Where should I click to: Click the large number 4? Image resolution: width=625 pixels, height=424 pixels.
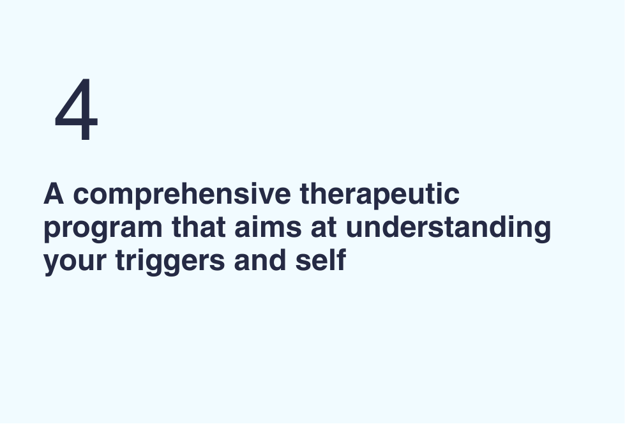click(x=76, y=110)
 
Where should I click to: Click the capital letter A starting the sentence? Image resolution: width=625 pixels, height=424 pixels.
click(x=54, y=193)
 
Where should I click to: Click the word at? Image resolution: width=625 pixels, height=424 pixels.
click(x=324, y=227)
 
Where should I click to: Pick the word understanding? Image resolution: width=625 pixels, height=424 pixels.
click(x=448, y=229)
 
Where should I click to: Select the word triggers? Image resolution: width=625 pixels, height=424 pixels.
click(x=170, y=262)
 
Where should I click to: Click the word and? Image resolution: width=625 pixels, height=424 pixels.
click(x=260, y=260)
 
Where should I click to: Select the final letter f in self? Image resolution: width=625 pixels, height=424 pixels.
click(x=340, y=260)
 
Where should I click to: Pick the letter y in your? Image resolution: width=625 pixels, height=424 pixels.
click(x=53, y=265)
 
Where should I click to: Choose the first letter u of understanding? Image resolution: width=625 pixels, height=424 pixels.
click(x=355, y=230)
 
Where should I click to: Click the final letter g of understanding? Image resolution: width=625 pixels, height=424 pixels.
click(x=542, y=232)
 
